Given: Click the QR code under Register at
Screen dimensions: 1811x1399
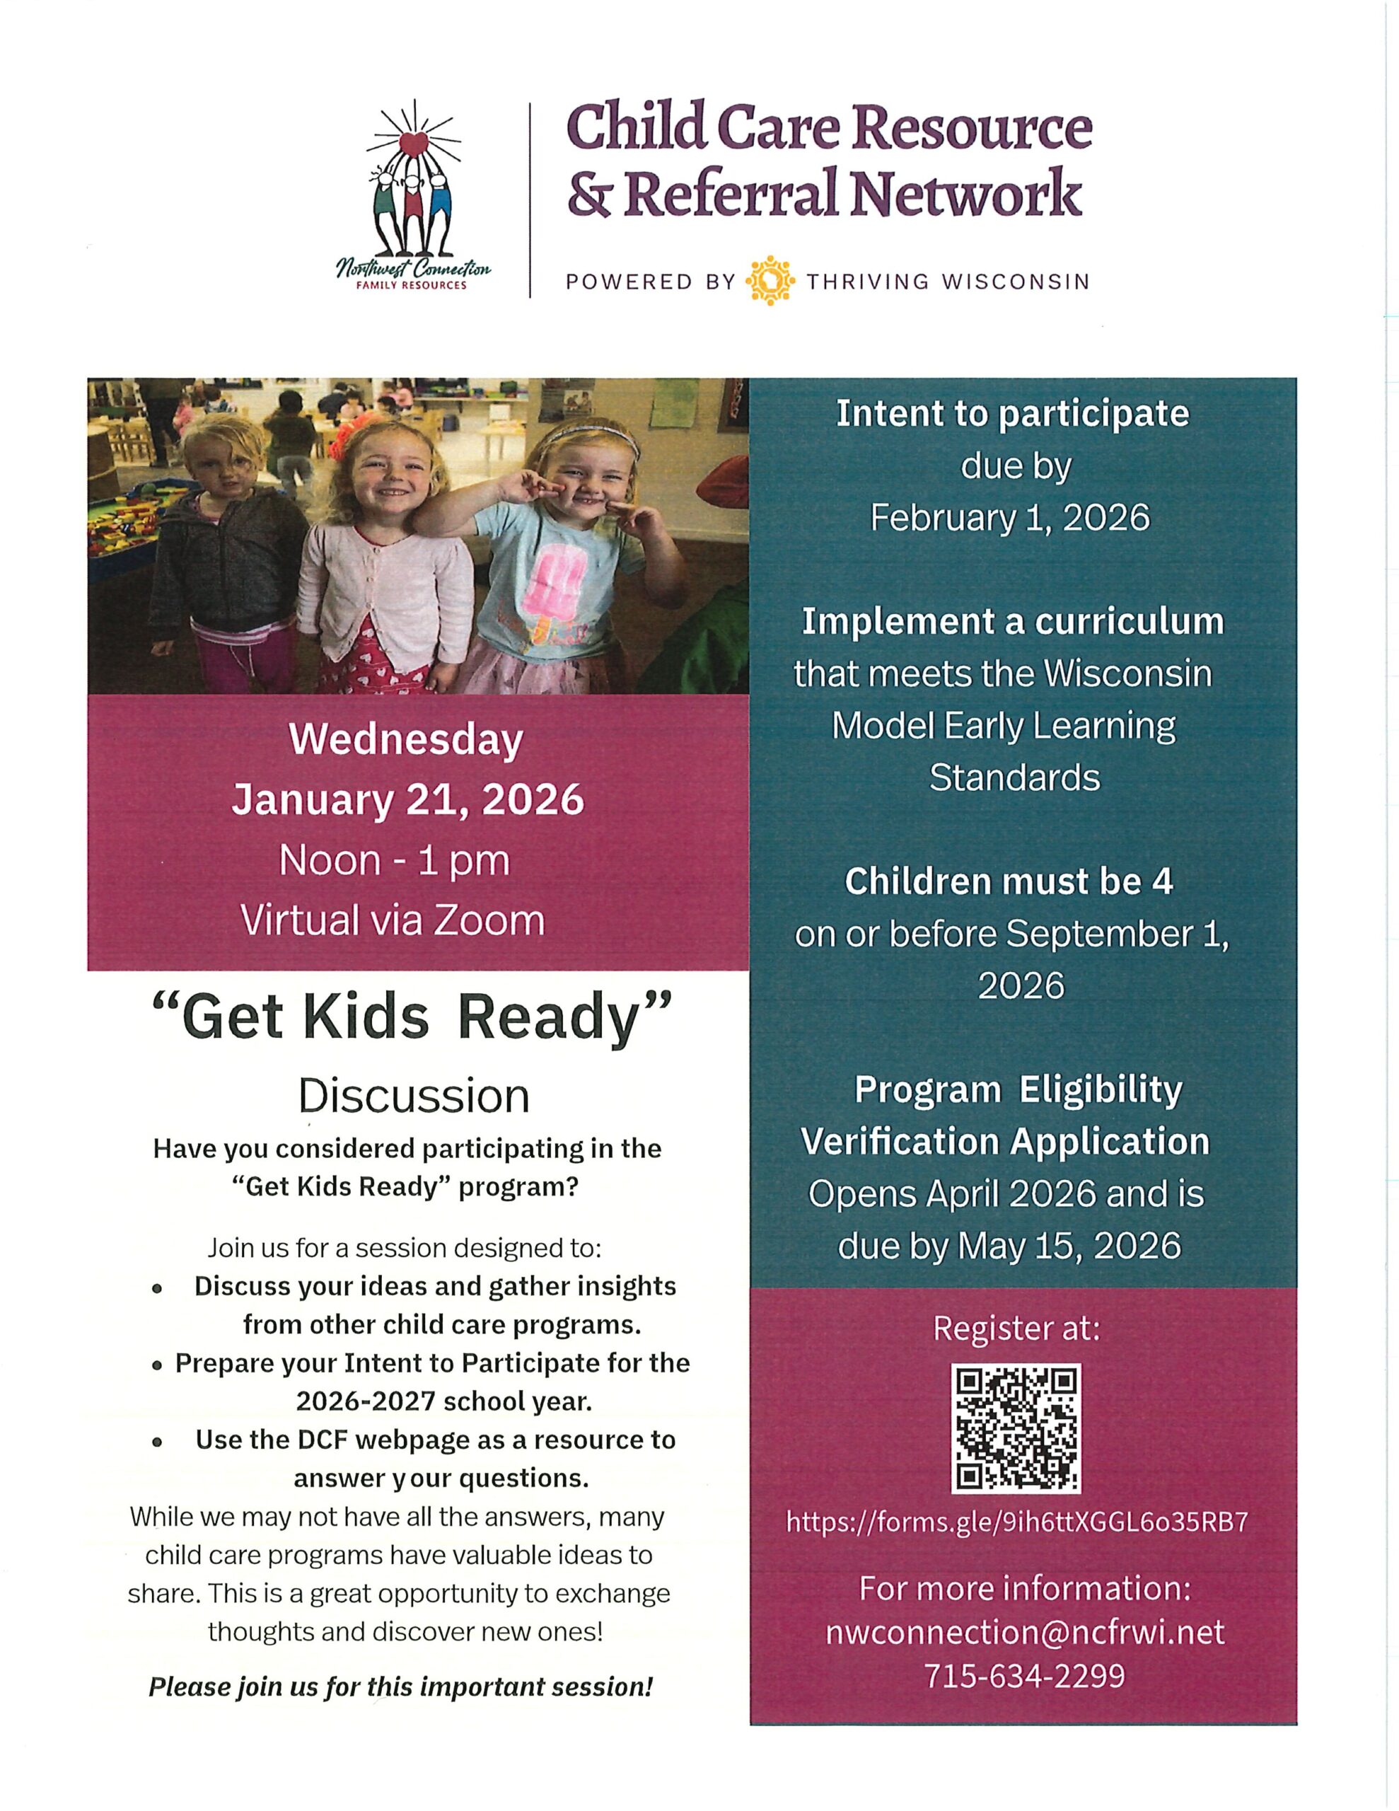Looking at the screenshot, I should click(x=1016, y=1428).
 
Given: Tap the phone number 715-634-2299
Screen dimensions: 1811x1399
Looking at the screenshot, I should click(x=1024, y=1676).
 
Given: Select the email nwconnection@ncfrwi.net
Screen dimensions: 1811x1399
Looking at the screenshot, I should click(x=1024, y=1632).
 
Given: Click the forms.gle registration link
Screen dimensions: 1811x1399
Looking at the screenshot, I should click(x=1016, y=1522).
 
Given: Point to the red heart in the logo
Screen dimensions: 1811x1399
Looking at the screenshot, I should click(x=413, y=144).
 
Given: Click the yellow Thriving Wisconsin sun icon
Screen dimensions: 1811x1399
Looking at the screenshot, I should click(x=770, y=281).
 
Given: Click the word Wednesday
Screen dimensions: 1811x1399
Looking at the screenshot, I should click(x=407, y=740).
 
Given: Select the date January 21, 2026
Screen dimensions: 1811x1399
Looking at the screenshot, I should click(x=408, y=800).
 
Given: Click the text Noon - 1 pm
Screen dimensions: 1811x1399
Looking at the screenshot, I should click(x=395, y=861).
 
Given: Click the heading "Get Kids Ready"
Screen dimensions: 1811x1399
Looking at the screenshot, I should click(x=413, y=1017).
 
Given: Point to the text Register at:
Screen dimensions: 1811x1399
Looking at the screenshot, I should click(x=1016, y=1328).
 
